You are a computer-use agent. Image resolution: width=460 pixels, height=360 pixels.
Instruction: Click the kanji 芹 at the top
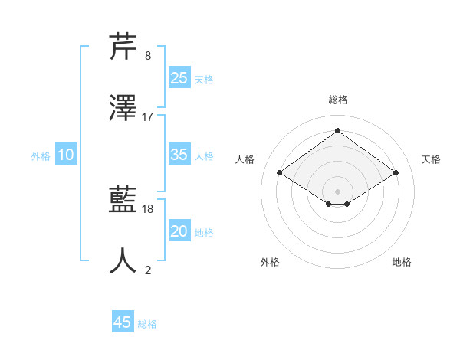[x=123, y=47]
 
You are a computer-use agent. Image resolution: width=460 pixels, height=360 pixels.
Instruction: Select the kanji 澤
[x=123, y=109]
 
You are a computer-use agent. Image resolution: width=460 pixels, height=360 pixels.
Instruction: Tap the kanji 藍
[x=123, y=201]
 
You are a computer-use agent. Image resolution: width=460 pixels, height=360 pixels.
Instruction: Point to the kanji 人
[x=123, y=261]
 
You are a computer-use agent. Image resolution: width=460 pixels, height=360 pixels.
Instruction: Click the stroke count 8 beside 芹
[x=147, y=56]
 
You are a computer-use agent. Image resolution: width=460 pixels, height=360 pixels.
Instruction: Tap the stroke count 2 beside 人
[x=147, y=270]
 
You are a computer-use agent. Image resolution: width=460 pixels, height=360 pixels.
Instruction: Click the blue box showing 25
[x=179, y=78]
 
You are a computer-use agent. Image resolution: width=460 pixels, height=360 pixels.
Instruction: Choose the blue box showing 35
[x=179, y=155]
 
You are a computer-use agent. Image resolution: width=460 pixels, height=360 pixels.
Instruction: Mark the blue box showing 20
[x=179, y=231]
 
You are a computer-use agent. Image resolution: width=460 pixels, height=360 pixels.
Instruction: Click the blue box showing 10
[x=66, y=155]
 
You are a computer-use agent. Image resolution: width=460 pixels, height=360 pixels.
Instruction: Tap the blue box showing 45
[x=123, y=322]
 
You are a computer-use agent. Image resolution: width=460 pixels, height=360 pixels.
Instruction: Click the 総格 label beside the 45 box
[x=147, y=324]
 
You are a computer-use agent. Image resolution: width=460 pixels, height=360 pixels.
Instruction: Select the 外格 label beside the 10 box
[x=41, y=156]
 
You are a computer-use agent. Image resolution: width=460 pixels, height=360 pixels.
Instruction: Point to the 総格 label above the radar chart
[x=337, y=100]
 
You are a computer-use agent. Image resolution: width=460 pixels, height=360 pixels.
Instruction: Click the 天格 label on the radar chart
[x=431, y=159]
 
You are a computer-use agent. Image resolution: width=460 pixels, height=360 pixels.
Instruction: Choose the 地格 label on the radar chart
[x=402, y=262]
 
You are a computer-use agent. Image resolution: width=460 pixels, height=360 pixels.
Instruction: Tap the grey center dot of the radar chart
[x=337, y=190]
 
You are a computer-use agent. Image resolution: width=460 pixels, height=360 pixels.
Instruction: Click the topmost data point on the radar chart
[x=337, y=131]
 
